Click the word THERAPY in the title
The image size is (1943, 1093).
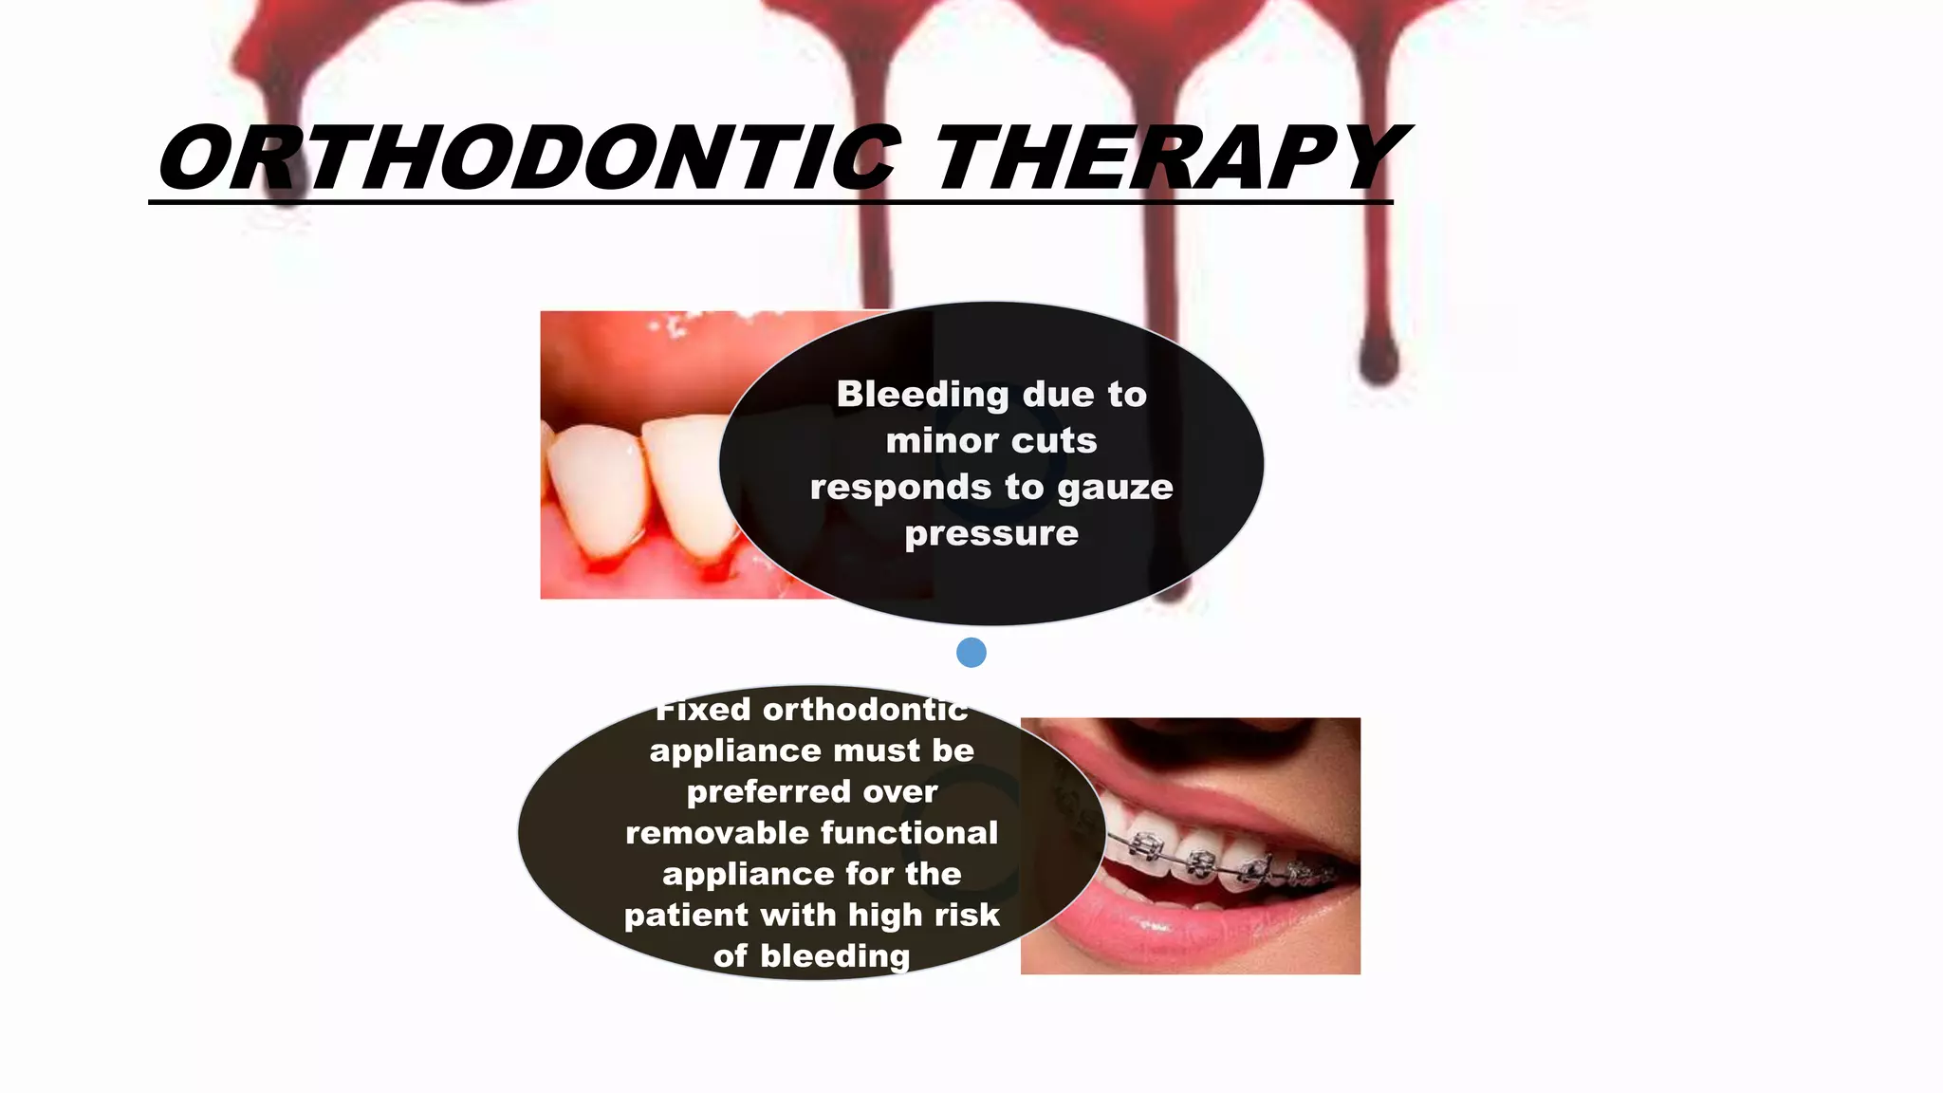(1169, 158)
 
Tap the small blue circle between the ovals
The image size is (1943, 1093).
(971, 653)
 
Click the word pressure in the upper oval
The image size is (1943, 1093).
(991, 534)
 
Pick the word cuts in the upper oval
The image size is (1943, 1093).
(1053, 441)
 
